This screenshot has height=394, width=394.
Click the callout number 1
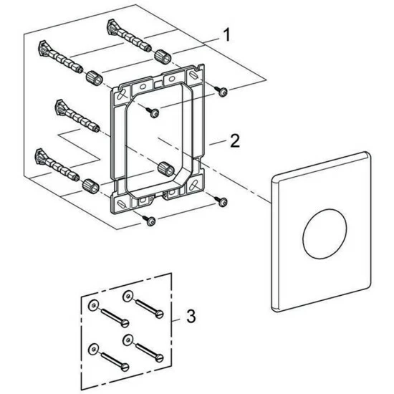pyautogui.click(x=227, y=35)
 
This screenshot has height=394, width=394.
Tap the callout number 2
pyautogui.click(x=235, y=140)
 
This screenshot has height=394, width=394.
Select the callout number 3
pyautogui.click(x=191, y=316)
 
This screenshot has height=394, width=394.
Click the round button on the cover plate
pyautogui.click(x=325, y=234)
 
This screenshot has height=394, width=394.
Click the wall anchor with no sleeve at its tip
pyautogui.click(x=77, y=115)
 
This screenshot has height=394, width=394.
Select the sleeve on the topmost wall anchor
pyautogui.click(x=163, y=57)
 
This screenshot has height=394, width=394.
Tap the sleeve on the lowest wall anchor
pyautogui.click(x=91, y=186)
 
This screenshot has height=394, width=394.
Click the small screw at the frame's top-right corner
pyautogui.click(x=221, y=91)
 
